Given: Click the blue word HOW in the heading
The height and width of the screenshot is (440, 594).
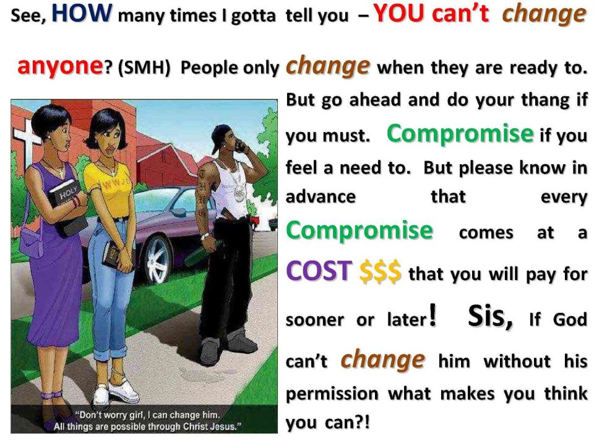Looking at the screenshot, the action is click(82, 12).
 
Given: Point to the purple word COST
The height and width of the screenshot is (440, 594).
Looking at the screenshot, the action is click(319, 271).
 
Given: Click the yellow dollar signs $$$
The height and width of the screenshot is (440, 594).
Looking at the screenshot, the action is click(380, 272).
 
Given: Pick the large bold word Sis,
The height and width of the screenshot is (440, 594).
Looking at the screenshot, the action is click(491, 316).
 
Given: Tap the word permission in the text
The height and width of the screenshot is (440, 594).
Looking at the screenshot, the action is click(332, 395).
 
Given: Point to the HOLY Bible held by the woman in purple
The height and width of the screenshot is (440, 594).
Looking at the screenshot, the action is click(67, 207).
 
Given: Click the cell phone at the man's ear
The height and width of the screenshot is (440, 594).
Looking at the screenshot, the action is click(240, 146).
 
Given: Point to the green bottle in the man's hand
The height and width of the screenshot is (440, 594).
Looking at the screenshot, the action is click(198, 254).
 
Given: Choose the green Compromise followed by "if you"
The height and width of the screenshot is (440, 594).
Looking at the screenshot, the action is click(460, 133).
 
